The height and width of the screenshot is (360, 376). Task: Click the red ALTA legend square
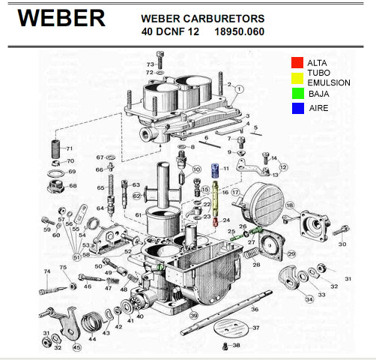pyautogui.click(x=297, y=62)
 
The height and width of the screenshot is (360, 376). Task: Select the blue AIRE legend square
pyautogui.click(x=298, y=108)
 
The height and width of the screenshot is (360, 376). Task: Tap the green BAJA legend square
pyautogui.click(x=298, y=94)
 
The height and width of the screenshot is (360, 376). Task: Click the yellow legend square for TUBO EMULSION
pyautogui.click(x=297, y=78)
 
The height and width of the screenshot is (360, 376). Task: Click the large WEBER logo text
pyautogui.click(x=61, y=18)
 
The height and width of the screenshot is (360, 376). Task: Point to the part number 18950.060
pyautogui.click(x=240, y=31)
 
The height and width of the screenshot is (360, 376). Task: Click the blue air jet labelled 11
pyautogui.click(x=215, y=170)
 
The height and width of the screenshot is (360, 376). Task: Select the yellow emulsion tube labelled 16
pyautogui.click(x=215, y=199)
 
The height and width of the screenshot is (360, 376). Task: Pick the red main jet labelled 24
pyautogui.click(x=216, y=222)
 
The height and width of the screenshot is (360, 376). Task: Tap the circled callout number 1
pyautogui.click(x=239, y=89)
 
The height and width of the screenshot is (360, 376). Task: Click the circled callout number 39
pyautogui.click(x=194, y=316)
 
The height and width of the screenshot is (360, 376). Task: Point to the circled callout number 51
pyautogui.click(x=77, y=257)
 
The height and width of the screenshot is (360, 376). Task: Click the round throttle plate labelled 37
pyautogui.click(x=230, y=330)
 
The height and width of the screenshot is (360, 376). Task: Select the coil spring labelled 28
pyautogui.click(x=251, y=253)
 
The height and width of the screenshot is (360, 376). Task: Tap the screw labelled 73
pyautogui.click(x=160, y=60)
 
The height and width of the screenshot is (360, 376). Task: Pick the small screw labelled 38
pyautogui.click(x=225, y=346)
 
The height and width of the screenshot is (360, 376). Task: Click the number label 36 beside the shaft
pyautogui.click(x=255, y=309)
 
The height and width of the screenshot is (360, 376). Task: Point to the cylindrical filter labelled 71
pyautogui.click(x=56, y=149)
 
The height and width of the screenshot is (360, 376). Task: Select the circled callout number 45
pyautogui.click(x=77, y=348)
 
